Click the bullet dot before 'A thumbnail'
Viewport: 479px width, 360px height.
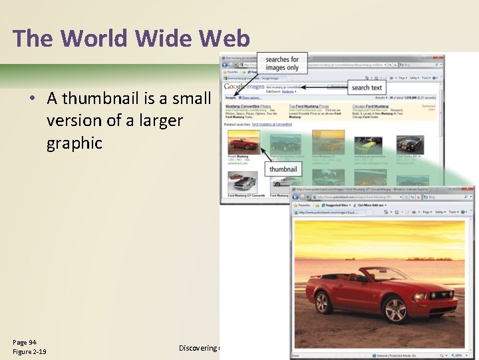32,99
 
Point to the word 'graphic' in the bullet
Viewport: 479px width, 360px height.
75,143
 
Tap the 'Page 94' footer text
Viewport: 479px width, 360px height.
25,341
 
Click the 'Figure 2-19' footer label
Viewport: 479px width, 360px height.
29,351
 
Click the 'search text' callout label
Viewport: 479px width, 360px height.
367,87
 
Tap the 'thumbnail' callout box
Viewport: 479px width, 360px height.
283,169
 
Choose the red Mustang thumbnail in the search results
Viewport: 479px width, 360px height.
243,141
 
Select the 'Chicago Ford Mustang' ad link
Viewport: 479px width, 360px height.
371,106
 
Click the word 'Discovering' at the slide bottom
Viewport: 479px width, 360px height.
198,348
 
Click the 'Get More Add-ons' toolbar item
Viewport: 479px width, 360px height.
377,205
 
